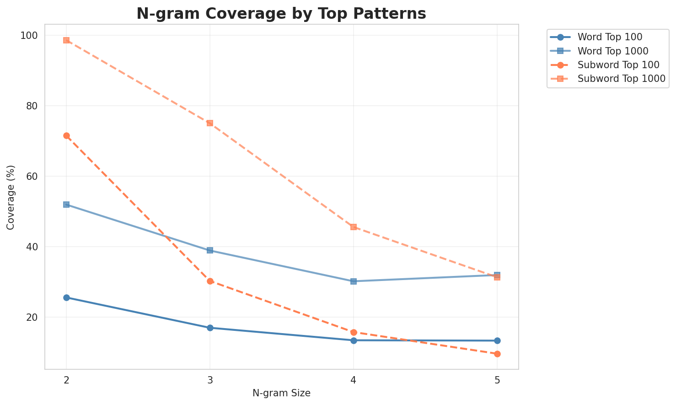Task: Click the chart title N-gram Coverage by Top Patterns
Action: pyautogui.click(x=281, y=14)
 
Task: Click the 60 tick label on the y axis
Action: pyautogui.click(x=33, y=177)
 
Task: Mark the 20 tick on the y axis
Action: pyautogui.click(x=33, y=318)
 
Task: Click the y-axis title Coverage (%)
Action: pyautogui.click(x=11, y=197)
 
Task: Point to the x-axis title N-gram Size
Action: pyautogui.click(x=281, y=393)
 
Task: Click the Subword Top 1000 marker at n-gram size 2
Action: pyautogui.click(x=66, y=40)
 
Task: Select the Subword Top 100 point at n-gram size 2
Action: pyautogui.click(x=66, y=135)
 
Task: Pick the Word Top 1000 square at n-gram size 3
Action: pyautogui.click(x=210, y=250)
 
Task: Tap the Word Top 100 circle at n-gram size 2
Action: pyautogui.click(x=66, y=297)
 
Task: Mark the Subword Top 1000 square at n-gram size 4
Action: pyautogui.click(x=354, y=227)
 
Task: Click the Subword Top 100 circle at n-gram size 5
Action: pyautogui.click(x=497, y=354)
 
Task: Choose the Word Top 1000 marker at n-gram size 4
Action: pyautogui.click(x=354, y=281)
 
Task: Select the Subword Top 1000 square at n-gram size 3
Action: pyautogui.click(x=210, y=123)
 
